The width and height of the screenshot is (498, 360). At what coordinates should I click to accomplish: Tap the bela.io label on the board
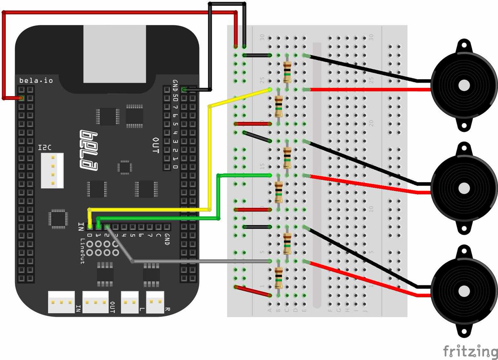point(36,80)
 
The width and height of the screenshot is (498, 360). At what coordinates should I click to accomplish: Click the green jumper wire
point(218,195)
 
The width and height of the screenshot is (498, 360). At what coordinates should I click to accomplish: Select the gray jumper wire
point(199,261)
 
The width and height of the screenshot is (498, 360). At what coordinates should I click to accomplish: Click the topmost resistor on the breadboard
point(287,72)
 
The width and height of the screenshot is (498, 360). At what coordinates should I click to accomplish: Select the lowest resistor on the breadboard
point(278,278)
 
